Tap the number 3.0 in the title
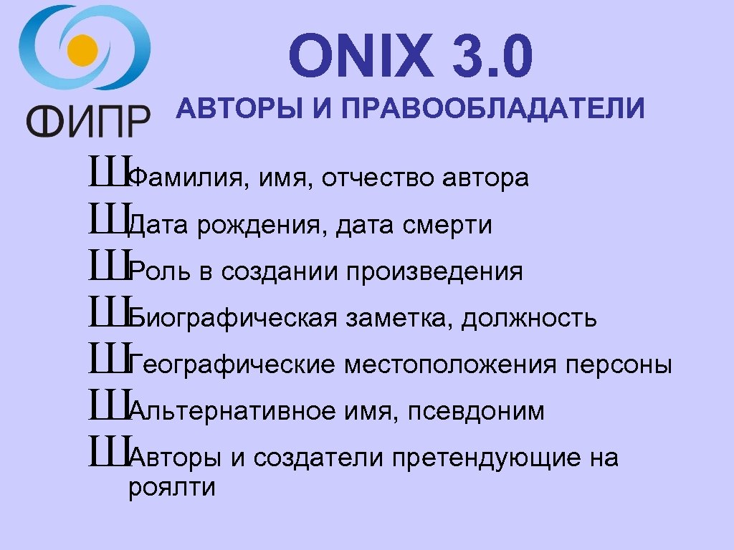tap(492, 58)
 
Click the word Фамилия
tap(184, 178)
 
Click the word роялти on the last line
tap(171, 488)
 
